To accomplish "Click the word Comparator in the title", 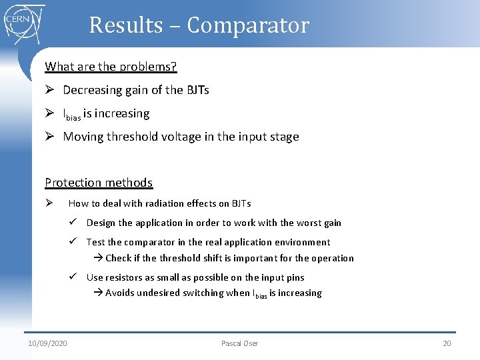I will [248, 25].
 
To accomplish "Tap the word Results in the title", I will [126, 25].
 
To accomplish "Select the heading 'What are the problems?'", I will [111, 67].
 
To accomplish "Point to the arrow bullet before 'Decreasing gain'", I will [50, 90].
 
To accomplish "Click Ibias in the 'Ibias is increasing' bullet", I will [71, 115].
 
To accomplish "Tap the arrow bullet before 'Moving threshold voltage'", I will [50, 137].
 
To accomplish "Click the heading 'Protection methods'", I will [99, 183].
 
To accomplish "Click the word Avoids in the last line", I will [121, 293].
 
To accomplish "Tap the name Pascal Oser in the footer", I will [239, 343].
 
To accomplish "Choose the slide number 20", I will [447, 343].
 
